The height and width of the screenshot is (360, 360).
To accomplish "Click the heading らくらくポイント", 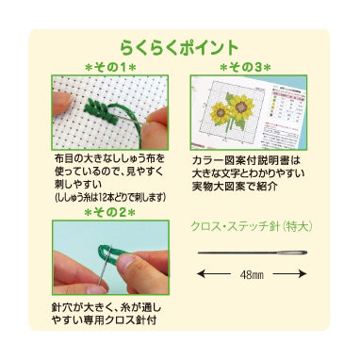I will [x=179, y=44].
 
